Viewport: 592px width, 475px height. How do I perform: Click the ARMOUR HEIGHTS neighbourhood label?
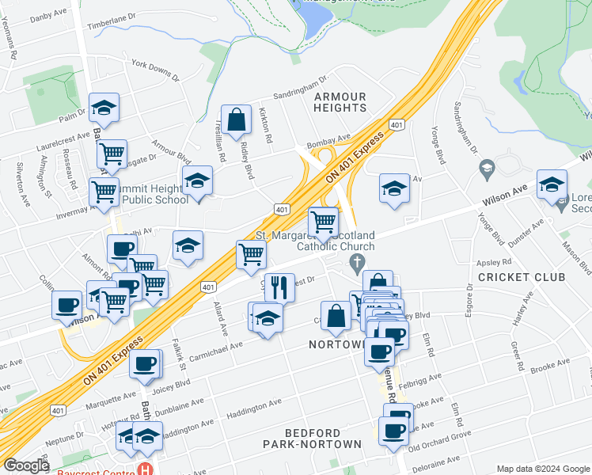coord(340,101)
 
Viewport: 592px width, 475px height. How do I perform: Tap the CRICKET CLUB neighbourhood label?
coord(522,277)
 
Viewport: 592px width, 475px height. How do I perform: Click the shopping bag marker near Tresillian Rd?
coord(236,120)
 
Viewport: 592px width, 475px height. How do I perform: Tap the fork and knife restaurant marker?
coord(279,288)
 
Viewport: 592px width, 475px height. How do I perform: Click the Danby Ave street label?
coord(49,14)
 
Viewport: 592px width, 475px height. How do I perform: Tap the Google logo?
coord(26,465)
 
